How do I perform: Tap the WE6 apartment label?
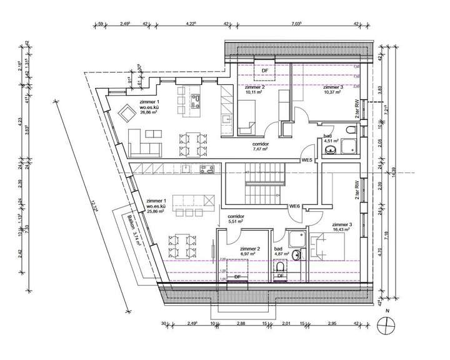pos(295,206)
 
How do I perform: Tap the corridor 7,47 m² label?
pos(259,149)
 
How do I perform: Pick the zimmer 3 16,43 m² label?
pos(342,227)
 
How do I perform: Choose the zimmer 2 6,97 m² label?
pos(253,251)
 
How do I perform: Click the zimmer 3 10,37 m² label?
pos(332,89)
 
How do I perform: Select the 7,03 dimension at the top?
pos(296,23)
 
